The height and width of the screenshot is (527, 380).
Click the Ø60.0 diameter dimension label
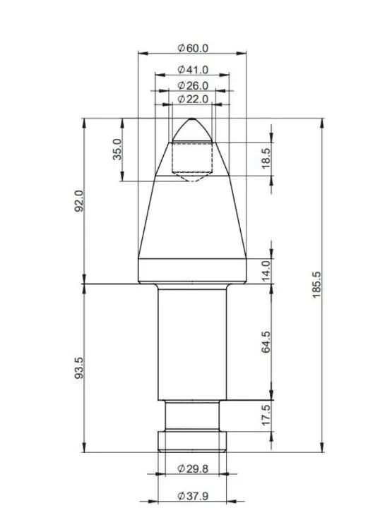(193, 48)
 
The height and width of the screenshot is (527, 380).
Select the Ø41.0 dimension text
(193, 69)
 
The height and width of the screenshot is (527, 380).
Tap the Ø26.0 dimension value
(193, 85)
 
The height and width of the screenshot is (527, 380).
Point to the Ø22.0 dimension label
(193, 99)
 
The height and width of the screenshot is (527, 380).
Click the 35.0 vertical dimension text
(118, 150)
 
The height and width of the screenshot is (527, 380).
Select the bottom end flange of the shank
(192, 442)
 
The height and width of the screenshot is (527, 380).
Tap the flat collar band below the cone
(192, 270)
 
